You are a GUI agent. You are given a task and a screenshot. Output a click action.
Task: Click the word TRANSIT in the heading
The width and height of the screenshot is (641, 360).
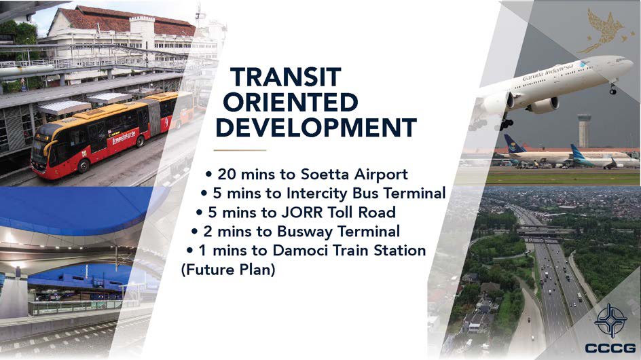click(285, 77)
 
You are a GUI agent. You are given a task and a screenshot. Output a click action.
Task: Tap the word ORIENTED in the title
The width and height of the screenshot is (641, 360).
click(291, 103)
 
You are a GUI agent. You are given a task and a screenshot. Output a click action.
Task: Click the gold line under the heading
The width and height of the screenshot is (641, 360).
click(240, 150)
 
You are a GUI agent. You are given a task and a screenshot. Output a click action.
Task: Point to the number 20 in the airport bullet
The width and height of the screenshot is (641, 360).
click(227, 175)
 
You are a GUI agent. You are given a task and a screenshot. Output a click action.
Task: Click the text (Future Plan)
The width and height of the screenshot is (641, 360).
click(228, 270)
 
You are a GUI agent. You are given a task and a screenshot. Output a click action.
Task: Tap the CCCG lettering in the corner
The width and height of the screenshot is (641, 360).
click(610, 348)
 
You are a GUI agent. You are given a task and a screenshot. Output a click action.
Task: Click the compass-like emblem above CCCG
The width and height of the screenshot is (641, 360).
click(610, 321)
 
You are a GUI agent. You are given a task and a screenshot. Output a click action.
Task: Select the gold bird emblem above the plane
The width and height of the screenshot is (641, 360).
click(603, 31)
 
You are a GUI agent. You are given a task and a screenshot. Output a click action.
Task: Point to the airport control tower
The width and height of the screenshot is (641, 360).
click(584, 130)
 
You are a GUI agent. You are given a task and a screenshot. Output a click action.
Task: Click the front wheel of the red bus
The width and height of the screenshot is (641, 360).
click(84, 166)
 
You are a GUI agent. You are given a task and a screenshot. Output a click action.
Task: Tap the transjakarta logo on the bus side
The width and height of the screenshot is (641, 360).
click(124, 138)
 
